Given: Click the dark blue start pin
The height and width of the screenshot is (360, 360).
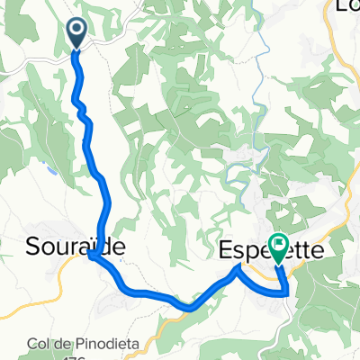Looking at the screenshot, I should [x=76, y=34].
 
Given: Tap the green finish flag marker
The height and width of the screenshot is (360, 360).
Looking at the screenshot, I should [x=278, y=245].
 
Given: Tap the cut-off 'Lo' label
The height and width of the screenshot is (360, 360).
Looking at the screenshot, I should [x=346, y=7].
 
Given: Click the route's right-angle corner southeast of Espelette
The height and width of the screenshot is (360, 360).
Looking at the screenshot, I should [x=287, y=292].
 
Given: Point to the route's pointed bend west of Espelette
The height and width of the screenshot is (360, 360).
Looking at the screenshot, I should [x=238, y=266].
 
